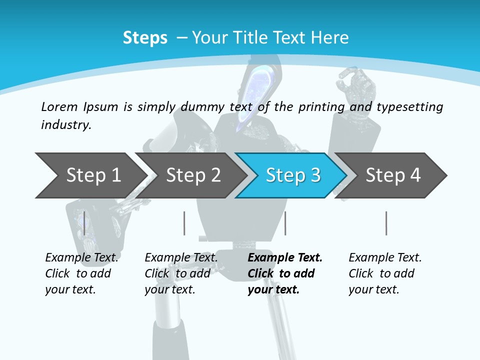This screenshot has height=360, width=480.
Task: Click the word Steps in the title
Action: (145, 38)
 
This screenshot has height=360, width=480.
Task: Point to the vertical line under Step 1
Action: (84, 223)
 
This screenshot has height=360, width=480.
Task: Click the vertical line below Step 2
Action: (184, 223)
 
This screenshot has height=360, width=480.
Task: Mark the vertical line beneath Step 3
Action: (285, 223)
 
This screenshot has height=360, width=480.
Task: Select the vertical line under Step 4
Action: (386, 223)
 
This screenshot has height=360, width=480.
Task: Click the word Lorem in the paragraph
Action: (59, 106)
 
